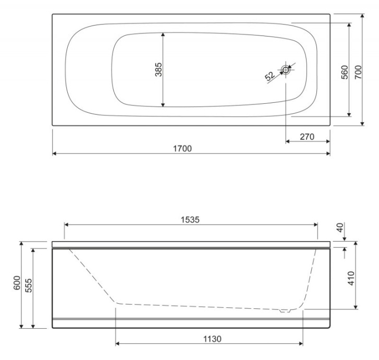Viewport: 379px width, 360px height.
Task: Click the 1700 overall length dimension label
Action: pyautogui.click(x=182, y=148)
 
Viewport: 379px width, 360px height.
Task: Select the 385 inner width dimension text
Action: pyautogui.click(x=159, y=69)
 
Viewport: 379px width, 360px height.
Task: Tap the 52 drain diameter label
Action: pyautogui.click(x=270, y=77)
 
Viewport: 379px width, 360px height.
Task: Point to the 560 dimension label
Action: pyautogui.click(x=344, y=71)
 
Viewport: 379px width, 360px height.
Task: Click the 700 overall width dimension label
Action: pyautogui.click(x=358, y=71)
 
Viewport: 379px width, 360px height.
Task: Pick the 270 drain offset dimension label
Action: pyautogui.click(x=308, y=137)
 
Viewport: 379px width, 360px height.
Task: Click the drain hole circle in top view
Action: pyautogui.click(x=286, y=69)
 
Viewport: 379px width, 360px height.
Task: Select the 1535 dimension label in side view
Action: pyautogui.click(x=190, y=219)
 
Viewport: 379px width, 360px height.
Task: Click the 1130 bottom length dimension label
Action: pyautogui.click(x=212, y=339)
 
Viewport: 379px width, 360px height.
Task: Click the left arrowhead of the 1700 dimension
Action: pyautogui.click(x=55, y=153)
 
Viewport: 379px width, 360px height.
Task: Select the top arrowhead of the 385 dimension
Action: pyautogui.click(x=164, y=35)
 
